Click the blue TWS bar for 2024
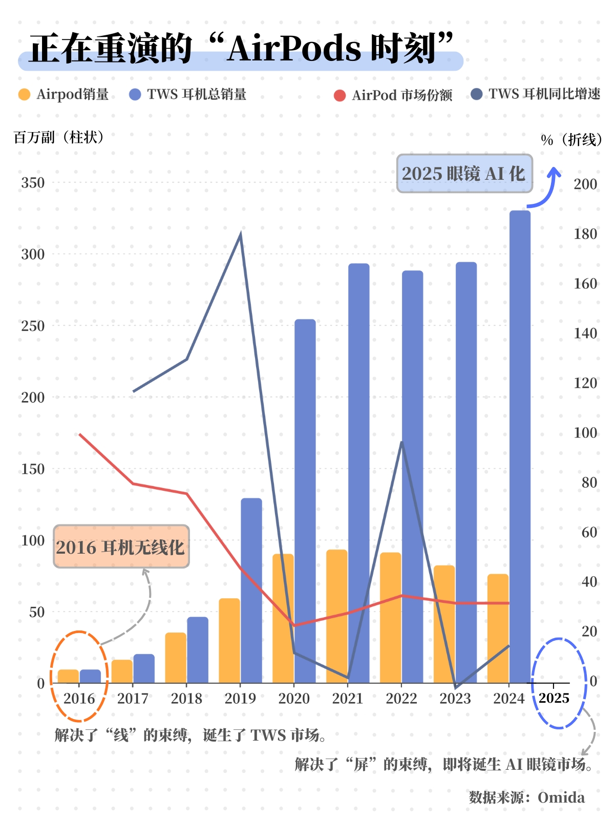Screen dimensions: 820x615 click(x=520, y=446)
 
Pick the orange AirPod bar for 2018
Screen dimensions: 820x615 click(x=176, y=658)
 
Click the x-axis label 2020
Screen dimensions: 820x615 click(x=294, y=698)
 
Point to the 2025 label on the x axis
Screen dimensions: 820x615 click(x=554, y=698)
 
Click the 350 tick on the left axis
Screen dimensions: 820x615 click(x=33, y=183)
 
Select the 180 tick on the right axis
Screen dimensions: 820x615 click(x=585, y=234)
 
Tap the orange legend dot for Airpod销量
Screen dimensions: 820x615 click(x=24, y=94)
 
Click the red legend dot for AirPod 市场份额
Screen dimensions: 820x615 click(x=339, y=96)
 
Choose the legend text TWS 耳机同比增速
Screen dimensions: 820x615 click(x=544, y=94)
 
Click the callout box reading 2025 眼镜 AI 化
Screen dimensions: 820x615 click(x=464, y=174)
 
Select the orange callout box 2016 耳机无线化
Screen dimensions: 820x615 click(x=121, y=546)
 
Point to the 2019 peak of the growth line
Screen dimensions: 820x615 click(x=241, y=235)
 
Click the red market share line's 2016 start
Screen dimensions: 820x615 click(x=79, y=434)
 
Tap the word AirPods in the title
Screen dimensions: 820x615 click(x=294, y=49)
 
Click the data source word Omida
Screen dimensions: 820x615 click(x=561, y=797)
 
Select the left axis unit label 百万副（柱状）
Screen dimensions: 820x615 click(x=59, y=137)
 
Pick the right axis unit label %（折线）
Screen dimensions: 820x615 click(x=571, y=140)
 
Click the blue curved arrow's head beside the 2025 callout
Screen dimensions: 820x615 click(x=554, y=171)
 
